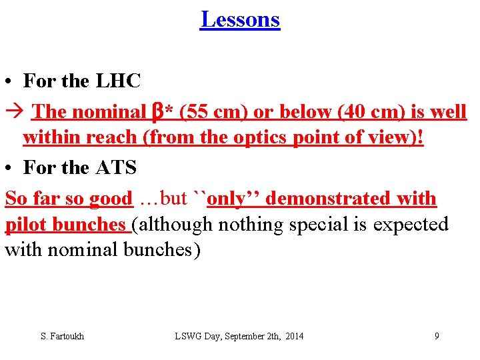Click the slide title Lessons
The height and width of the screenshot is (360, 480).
point(240,19)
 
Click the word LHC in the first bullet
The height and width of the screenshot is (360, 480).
point(119,82)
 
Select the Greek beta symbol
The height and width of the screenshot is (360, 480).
point(159,112)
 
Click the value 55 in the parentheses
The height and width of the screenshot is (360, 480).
point(198,112)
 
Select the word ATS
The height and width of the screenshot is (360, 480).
point(116,168)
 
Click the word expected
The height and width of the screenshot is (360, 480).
point(411,225)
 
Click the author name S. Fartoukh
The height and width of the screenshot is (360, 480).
point(63,336)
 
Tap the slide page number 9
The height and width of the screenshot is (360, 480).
point(437,336)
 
